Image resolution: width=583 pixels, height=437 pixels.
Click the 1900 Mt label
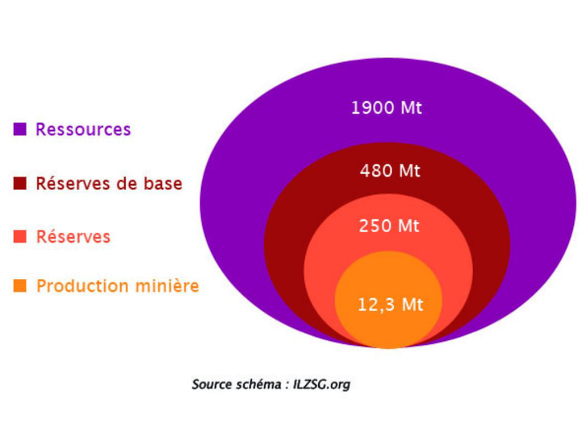(x=387, y=108)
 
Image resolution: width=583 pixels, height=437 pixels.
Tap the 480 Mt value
(x=390, y=171)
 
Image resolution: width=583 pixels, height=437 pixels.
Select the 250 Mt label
(x=389, y=226)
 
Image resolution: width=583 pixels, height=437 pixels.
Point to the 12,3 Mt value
(x=390, y=305)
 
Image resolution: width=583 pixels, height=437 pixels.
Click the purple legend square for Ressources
(x=20, y=129)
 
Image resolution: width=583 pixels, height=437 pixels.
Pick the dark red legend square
(x=20, y=183)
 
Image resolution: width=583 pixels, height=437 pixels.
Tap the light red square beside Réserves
(x=20, y=236)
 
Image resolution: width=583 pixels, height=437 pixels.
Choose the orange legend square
(x=20, y=286)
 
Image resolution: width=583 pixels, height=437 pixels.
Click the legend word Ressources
(x=83, y=129)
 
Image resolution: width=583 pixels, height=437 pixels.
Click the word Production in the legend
(x=83, y=286)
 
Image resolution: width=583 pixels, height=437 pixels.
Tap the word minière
(x=167, y=286)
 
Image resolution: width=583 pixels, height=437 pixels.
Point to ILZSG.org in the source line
(x=322, y=384)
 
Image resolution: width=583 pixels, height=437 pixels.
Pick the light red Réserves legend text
(x=73, y=237)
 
